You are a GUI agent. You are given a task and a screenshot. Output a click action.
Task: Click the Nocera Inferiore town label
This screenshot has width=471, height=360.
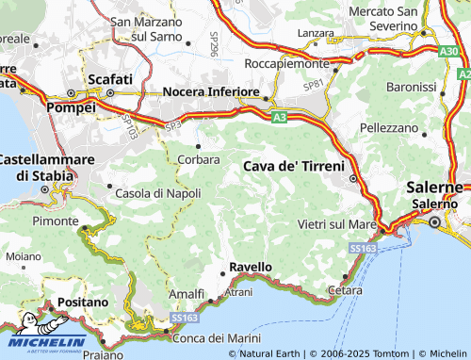[211, 91]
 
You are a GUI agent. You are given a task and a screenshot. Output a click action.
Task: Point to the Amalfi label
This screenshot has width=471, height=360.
[186, 294]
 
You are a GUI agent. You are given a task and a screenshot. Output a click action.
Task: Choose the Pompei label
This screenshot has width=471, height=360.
[72, 107]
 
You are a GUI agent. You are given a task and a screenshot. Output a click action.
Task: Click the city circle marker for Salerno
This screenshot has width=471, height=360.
[434, 222]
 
